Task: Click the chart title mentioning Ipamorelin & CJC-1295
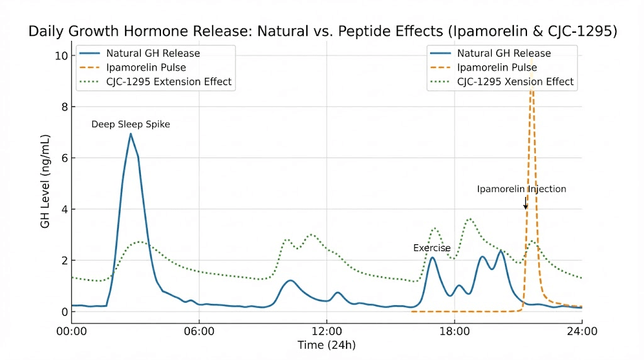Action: (x=321, y=31)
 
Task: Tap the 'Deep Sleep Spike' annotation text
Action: (x=130, y=125)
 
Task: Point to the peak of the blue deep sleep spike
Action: (x=130, y=133)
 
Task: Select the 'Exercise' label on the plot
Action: (x=431, y=248)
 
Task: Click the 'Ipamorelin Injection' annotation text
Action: (x=521, y=189)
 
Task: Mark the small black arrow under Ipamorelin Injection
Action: (x=526, y=203)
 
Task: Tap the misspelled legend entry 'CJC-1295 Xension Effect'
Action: (x=515, y=82)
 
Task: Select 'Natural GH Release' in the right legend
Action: (x=504, y=53)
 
